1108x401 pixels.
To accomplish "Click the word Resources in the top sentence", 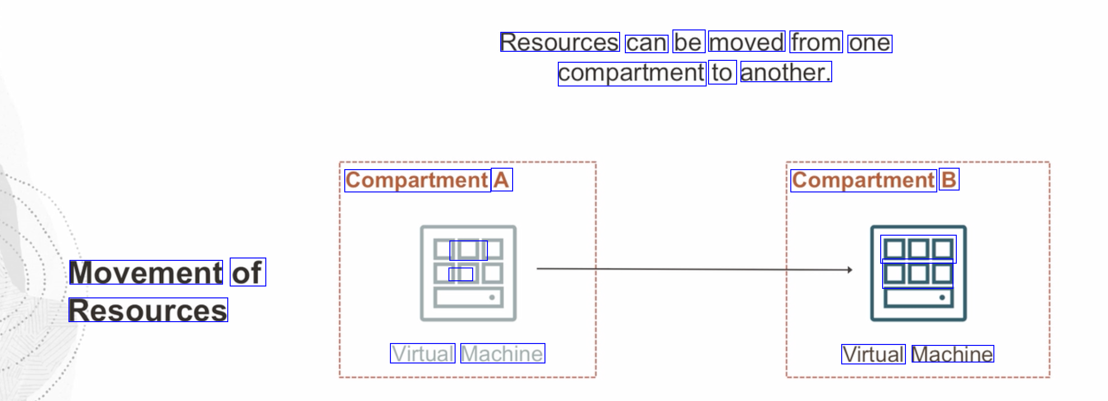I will click(560, 42).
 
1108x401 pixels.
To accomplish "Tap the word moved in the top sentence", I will click(747, 42).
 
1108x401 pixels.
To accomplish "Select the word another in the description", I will click(786, 72).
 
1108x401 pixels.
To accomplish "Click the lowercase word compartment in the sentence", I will click(632, 73).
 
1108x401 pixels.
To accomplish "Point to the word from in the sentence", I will click(816, 42).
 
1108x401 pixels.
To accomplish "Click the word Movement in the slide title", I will click(146, 272).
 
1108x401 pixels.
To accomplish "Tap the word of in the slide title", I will click(247, 272).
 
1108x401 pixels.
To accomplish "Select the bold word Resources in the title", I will click(148, 310).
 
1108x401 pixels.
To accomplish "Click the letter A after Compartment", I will click(502, 180).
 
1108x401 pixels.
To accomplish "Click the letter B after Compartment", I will click(949, 180).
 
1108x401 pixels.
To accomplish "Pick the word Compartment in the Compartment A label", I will click(418, 181).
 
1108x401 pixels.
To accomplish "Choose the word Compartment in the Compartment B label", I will click(864, 181).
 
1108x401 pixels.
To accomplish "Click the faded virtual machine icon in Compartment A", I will click(468, 273).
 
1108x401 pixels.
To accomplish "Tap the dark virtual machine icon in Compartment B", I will click(918, 273).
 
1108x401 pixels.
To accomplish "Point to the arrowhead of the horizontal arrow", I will click(850, 270).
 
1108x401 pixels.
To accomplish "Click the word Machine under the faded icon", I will click(503, 353).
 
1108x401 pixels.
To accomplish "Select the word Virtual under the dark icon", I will click(873, 354).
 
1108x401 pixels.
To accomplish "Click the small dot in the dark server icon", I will click(942, 297).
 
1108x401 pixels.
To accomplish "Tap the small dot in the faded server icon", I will click(492, 297).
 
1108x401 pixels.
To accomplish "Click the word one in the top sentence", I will click(869, 44).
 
